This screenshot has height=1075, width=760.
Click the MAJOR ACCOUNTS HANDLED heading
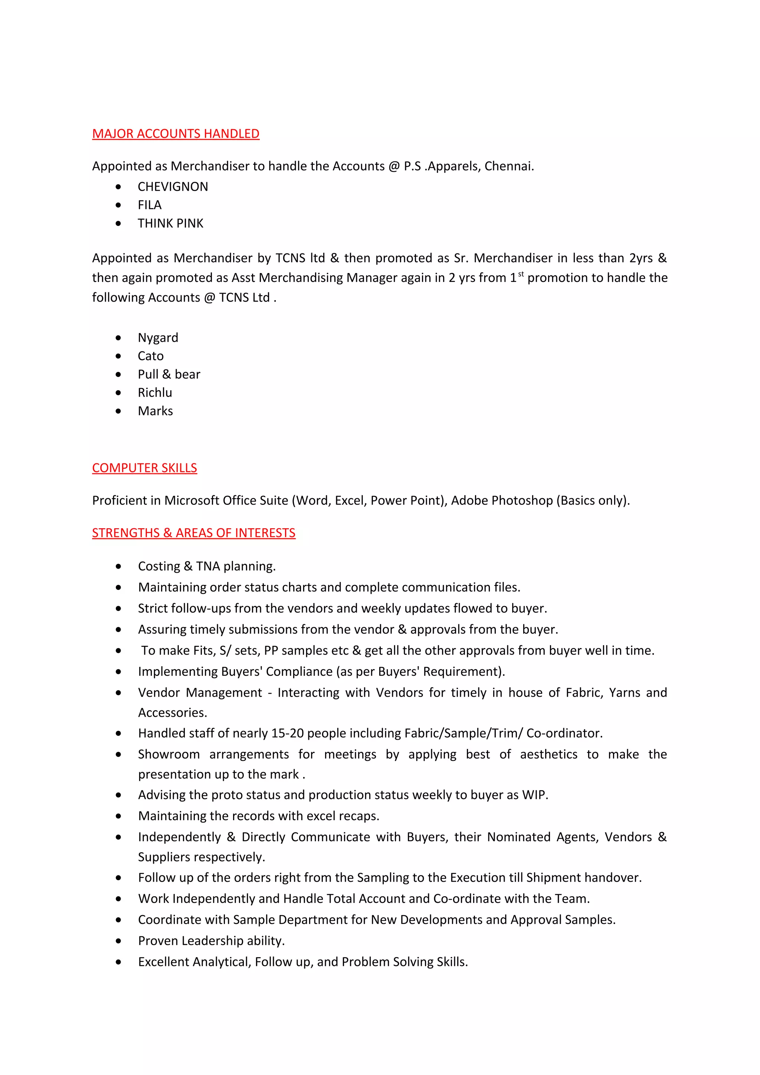tap(176, 134)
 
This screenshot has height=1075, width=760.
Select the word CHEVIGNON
tap(173, 187)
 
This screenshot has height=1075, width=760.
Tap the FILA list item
tap(150, 205)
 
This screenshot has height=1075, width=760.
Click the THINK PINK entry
tap(170, 223)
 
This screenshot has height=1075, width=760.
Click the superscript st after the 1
tap(521, 274)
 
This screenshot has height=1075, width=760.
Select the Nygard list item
tap(158, 338)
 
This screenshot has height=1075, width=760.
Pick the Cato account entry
tap(150, 356)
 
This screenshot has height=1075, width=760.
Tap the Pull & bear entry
tap(168, 374)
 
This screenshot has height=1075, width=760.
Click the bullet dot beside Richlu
tap(118, 393)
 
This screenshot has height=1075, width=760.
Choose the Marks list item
tap(155, 411)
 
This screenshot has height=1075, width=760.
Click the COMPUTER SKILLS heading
tap(144, 468)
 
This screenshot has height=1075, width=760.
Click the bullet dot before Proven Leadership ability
tap(118, 941)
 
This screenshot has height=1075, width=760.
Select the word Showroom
tap(168, 754)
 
